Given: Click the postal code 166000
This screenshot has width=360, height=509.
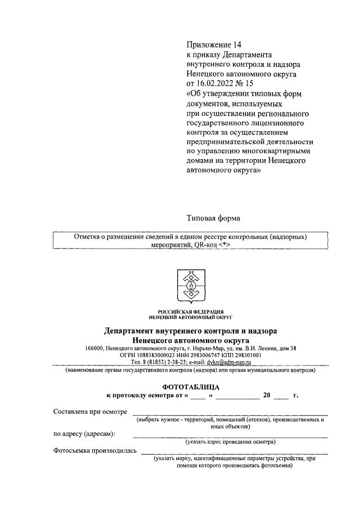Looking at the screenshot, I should point(96,349).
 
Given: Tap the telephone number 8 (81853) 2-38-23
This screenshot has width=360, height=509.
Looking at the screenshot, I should point(165,363).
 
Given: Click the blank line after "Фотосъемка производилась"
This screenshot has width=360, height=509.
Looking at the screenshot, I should point(234,453).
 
